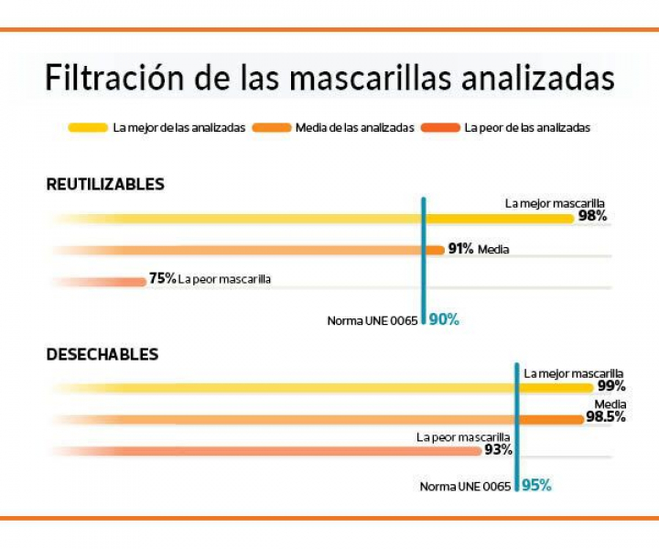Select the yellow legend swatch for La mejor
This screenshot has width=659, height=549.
[88, 127]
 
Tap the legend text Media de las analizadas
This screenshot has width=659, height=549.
[355, 127]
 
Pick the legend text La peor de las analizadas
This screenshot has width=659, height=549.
[527, 127]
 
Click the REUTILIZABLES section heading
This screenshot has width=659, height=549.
[105, 184]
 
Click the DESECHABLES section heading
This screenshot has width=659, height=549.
[103, 353]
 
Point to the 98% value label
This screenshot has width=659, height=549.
[592, 217]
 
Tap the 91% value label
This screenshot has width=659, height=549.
[460, 249]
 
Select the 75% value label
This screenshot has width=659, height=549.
[162, 278]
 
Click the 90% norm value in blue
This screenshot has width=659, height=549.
[444, 319]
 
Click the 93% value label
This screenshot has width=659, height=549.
[498, 449]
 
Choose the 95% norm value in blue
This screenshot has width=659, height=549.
[536, 485]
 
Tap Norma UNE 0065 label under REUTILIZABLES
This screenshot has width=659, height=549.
[373, 320]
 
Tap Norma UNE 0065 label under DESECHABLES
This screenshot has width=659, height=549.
[465, 486]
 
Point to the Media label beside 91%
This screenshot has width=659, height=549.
[493, 249]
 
